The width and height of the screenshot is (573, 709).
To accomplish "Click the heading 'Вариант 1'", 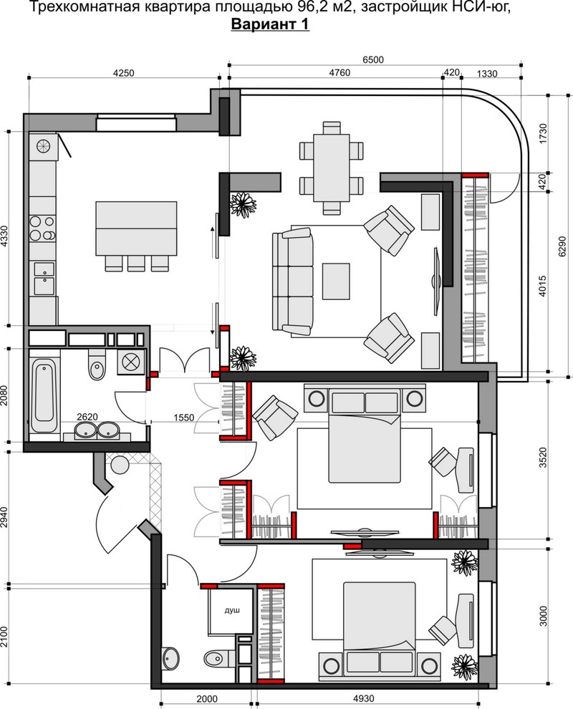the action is coord(271,24).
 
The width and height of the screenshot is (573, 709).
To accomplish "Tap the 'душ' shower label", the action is coord(232,610).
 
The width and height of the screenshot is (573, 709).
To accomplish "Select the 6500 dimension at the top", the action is coord(373,59).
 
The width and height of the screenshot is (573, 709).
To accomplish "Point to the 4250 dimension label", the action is coord(123,73).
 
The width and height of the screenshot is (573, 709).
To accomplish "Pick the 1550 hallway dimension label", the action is coord(183,418).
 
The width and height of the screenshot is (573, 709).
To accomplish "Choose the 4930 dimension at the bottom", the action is coord(363,698).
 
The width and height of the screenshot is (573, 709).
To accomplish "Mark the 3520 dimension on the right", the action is coord(543,459).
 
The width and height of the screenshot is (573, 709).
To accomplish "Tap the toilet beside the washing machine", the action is coord(96,366).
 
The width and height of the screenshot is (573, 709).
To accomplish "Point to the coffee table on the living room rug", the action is coord(336,281).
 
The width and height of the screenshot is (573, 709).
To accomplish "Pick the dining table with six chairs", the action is coord(332,168).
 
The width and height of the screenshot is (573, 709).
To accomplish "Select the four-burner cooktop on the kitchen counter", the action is coord(42,228).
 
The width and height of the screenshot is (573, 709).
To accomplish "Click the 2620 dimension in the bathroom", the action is coord(87,417).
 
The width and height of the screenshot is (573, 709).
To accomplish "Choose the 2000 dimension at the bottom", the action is coord(207,698).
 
